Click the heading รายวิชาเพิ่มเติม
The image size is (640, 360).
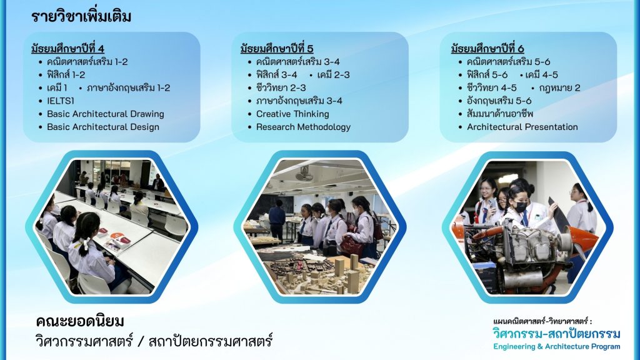point(81,17)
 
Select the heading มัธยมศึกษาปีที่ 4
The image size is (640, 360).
point(67,49)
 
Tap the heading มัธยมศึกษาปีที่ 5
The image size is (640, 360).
point(277,49)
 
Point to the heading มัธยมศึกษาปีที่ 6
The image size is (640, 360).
point(487,49)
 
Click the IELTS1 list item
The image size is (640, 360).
point(61,101)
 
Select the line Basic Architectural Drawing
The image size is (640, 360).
point(105,114)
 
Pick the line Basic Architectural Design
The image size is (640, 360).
point(103,127)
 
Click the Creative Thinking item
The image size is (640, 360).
point(292,114)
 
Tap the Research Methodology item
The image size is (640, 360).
point(303,127)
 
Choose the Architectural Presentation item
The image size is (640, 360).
point(522,127)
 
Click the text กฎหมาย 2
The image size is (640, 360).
point(559,87)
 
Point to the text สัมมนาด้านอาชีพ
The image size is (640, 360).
point(499,114)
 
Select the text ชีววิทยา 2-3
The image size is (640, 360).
point(281,87)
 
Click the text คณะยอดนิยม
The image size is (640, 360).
point(80,322)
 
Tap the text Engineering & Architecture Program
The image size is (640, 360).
point(557,346)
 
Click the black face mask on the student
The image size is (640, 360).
point(520,206)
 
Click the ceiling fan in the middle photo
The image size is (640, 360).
point(304,173)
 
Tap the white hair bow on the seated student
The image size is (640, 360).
point(84,244)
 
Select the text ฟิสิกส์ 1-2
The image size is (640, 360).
point(66,75)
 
